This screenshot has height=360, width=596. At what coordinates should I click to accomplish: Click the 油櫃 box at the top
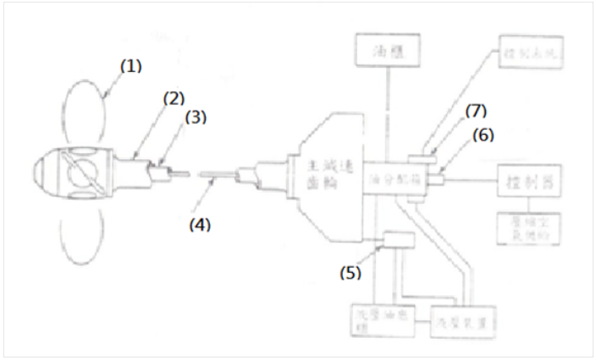(x=388, y=50)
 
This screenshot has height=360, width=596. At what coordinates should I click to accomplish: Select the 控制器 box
(x=527, y=180)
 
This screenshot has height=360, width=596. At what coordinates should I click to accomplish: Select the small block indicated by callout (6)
(x=436, y=178)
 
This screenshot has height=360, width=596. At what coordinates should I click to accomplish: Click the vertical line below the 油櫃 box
(x=388, y=110)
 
